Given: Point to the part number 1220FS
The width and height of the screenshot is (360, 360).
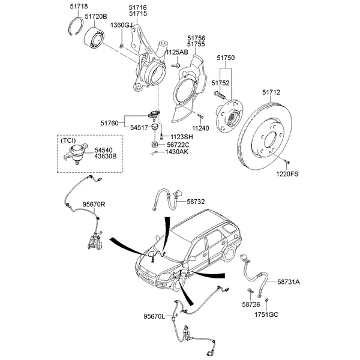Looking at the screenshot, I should [x=287, y=174].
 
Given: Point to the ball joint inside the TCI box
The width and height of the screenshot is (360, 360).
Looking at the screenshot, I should [x=77, y=154].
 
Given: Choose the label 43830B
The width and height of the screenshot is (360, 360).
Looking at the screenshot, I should [x=105, y=157].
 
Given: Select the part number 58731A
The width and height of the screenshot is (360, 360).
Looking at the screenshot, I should [x=289, y=281].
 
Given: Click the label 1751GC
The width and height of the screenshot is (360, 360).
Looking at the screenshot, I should [x=266, y=314].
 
